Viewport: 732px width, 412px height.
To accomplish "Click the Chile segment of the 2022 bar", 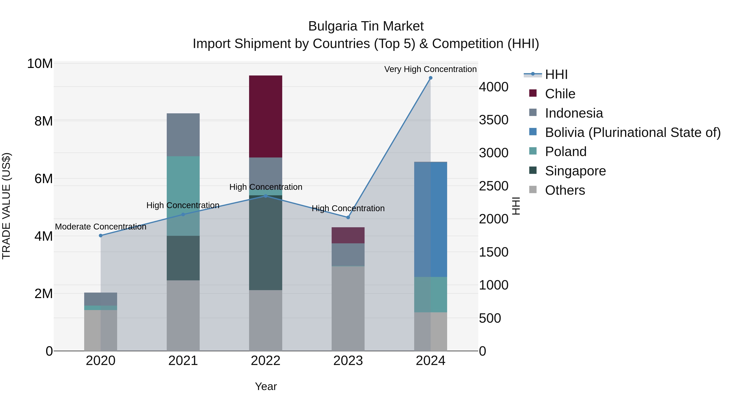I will point(265,116).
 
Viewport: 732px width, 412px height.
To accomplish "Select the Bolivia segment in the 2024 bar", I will point(430,219).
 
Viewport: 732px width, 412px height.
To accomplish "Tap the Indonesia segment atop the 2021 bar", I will point(183,134).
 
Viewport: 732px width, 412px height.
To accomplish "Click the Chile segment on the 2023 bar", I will point(348,235).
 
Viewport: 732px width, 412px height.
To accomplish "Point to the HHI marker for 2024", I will point(430,78).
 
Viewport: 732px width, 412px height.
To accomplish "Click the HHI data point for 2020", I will point(101,235).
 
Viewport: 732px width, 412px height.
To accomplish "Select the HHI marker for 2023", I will point(348,217).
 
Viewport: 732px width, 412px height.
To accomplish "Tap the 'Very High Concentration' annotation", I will point(430,69).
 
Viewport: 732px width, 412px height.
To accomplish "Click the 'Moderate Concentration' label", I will point(101,227).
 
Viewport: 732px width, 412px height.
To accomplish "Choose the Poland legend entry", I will point(565,152).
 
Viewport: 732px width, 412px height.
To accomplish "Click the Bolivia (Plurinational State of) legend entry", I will point(633,132).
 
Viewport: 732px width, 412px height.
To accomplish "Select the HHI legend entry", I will point(556,74).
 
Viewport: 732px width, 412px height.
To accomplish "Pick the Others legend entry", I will point(565,190).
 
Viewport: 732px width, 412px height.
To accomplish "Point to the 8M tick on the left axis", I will point(44,121).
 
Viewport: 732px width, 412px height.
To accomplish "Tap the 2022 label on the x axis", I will point(265,361).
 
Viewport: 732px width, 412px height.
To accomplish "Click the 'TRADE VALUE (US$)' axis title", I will point(6,206).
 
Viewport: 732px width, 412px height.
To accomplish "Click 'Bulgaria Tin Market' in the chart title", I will point(366,26).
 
